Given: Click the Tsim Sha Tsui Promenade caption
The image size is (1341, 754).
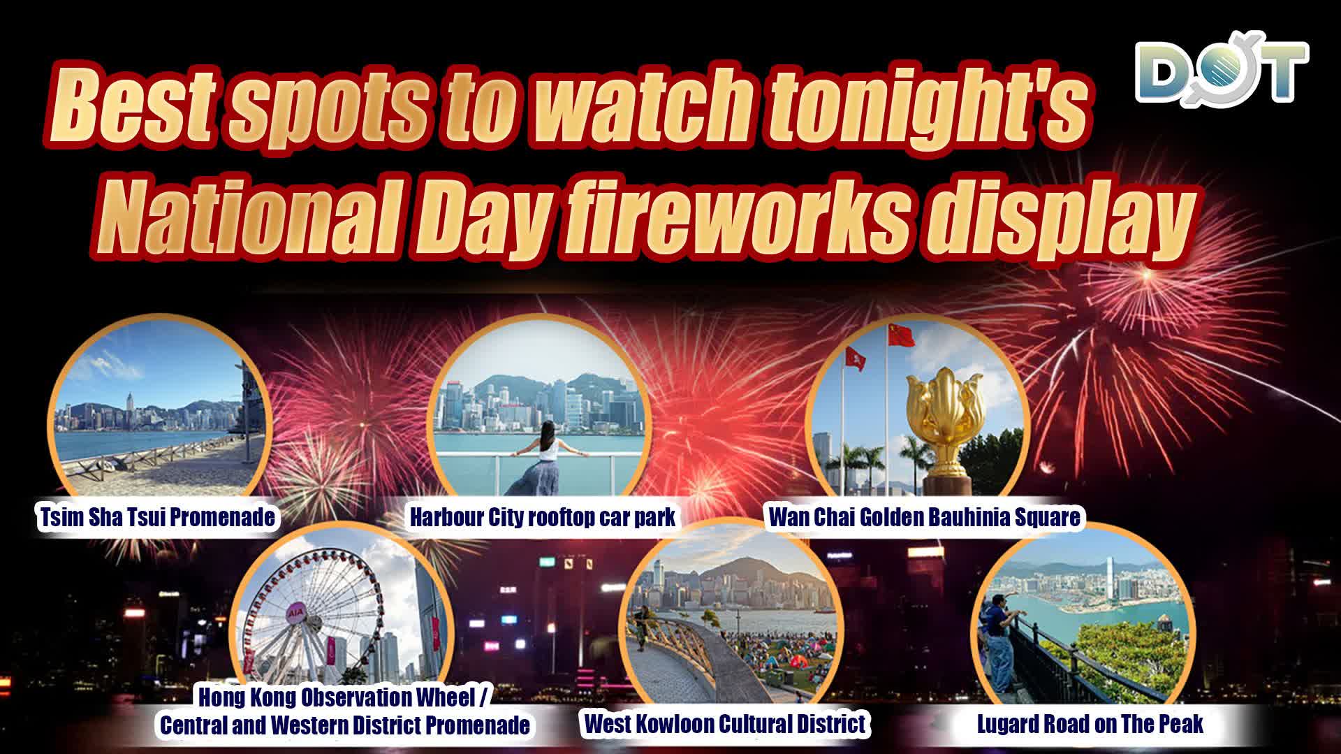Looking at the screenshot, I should [157, 518].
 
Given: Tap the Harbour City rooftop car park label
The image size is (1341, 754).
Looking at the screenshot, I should [543, 518].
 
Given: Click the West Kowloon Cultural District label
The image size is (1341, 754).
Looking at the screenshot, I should [724, 724].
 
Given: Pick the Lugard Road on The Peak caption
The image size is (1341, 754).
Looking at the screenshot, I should [1090, 725].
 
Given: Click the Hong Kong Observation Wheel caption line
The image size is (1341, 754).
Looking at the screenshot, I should [346, 697].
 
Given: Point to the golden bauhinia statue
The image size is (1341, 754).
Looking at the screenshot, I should [940, 419].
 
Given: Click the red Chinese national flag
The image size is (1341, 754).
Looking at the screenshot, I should [901, 335].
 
